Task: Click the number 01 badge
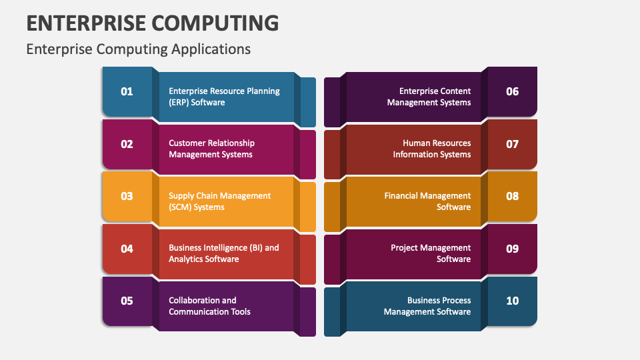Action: [127, 91]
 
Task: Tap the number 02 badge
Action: [127, 144]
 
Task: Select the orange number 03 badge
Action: [127, 196]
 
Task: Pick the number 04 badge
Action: [127, 249]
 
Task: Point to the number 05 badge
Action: [127, 301]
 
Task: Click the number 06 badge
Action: [512, 91]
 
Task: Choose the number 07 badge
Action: [512, 144]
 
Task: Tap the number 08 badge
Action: [512, 196]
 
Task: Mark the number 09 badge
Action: [512, 249]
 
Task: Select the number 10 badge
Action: [512, 301]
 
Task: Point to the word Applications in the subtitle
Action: [211, 49]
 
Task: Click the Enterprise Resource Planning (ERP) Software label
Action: [224, 97]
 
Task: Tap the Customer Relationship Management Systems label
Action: [211, 149]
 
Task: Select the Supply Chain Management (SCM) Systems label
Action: [219, 201]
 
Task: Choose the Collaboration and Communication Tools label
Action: [209, 306]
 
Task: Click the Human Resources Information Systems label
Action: [432, 149]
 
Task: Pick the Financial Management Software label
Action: [428, 201]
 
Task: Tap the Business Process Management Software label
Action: [427, 306]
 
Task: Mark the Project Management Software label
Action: [431, 253]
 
